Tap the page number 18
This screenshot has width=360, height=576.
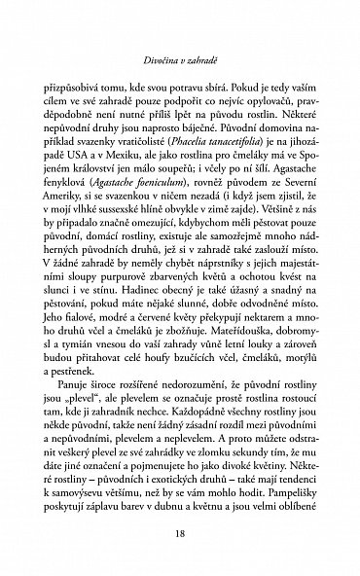[180, 534]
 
